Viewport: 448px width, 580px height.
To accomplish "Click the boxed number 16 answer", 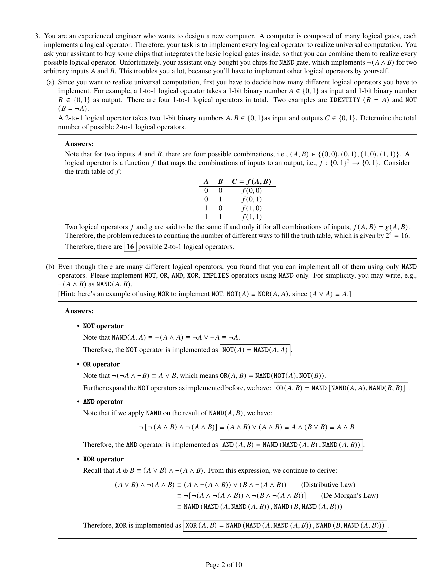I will [130, 247].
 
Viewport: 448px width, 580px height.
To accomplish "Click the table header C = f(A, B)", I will [251, 182].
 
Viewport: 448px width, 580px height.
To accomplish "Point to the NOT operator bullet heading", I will [103, 326].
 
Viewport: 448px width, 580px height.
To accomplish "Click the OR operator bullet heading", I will [101, 364].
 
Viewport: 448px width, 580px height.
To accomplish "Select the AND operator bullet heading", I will [103, 402].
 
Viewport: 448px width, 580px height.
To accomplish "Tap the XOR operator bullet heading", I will [103, 459].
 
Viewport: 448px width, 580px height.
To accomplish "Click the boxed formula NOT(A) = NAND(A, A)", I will [255, 350].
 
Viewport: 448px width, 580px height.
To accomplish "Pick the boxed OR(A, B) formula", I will [340, 388].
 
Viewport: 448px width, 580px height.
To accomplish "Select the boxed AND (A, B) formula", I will [291, 445].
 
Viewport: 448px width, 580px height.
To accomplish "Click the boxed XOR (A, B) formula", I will [285, 525].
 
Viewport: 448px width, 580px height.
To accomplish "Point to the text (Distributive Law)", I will [328, 485].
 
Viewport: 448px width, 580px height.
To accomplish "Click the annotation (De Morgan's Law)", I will [349, 496].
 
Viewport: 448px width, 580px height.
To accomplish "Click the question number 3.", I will [37, 36].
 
